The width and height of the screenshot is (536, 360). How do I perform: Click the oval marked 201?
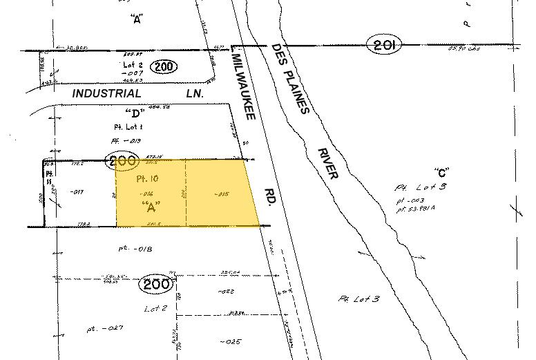(x=385, y=46)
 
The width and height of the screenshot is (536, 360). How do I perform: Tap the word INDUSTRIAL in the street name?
(x=107, y=93)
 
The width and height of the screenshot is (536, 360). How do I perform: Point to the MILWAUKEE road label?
(x=245, y=86)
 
